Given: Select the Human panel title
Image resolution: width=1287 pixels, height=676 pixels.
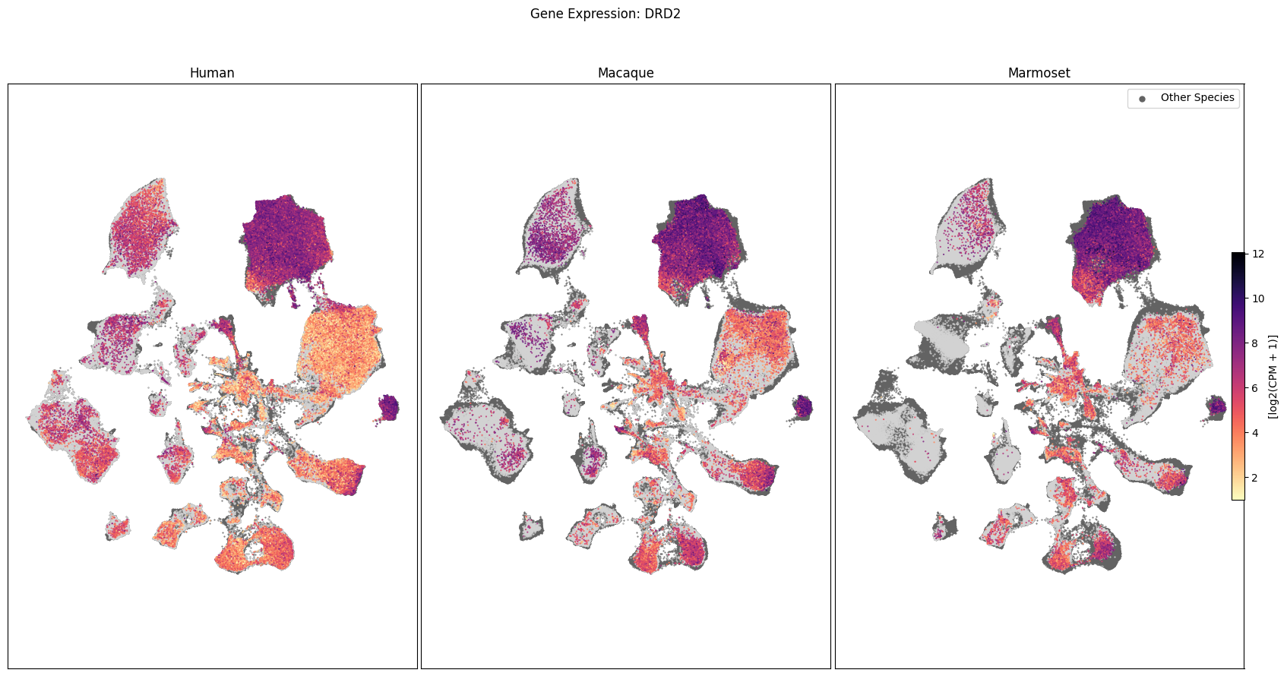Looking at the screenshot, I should coord(212,73).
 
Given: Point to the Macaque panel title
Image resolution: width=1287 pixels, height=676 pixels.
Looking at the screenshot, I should coord(625,73).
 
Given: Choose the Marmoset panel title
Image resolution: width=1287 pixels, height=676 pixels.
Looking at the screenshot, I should coord(1039,73).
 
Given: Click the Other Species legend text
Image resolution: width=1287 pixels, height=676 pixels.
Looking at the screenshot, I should coord(1197,97).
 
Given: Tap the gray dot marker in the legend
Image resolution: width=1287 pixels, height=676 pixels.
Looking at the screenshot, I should coord(1142,99).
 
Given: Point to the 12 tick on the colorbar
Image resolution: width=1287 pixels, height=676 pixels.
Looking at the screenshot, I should coord(1258,254).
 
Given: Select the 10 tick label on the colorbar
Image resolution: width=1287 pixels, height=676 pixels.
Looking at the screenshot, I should coord(1258,299).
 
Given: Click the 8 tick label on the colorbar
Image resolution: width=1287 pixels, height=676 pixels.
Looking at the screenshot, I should coord(1255,343).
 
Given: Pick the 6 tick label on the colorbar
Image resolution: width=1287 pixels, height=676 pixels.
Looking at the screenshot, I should coord(1255,388).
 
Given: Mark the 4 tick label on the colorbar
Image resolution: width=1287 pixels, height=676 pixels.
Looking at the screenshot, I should coord(1255,433).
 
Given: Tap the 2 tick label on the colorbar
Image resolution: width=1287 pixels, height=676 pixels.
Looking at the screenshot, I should coord(1255,478).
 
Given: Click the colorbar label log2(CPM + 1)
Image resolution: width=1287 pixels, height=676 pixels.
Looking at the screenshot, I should coord(1273,377).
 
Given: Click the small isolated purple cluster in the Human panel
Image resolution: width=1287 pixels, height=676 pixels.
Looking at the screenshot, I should coord(389,407).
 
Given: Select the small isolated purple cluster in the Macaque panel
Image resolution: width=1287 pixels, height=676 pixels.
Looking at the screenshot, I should coord(802,407).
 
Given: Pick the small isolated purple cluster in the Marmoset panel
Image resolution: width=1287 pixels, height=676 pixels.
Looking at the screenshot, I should coord(1216,407).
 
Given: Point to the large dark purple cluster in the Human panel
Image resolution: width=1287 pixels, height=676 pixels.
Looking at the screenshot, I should coord(285,242).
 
